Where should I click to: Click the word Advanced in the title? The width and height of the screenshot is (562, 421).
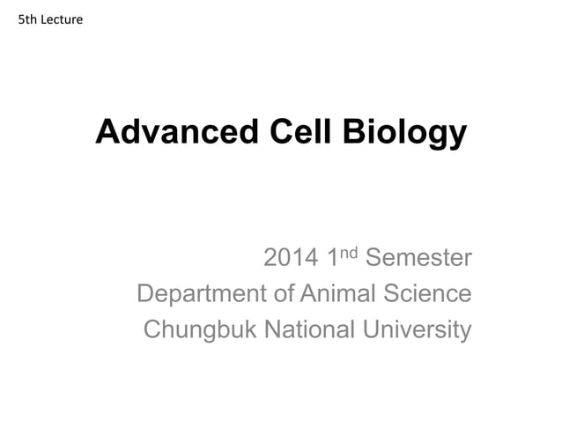point(172,132)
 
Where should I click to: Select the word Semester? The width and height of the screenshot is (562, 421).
point(418,259)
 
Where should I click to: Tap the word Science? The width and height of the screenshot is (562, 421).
point(431,294)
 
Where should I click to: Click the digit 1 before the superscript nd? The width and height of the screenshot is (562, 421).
point(334,259)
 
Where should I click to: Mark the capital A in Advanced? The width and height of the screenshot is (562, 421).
point(106,132)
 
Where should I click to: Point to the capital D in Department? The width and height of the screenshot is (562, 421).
point(146,294)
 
